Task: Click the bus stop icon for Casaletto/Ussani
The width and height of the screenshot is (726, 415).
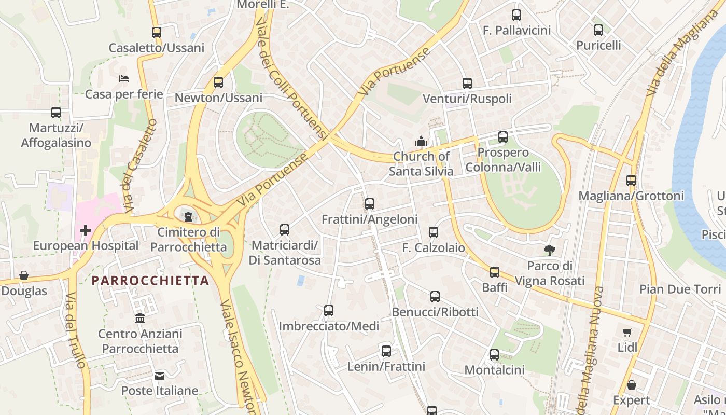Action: [156, 33]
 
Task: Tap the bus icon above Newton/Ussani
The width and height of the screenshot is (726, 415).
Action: [218, 82]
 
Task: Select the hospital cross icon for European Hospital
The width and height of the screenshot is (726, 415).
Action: [86, 230]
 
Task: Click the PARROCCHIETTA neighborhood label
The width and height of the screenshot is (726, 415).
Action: [150, 281]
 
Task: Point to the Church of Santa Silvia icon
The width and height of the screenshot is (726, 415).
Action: [421, 141]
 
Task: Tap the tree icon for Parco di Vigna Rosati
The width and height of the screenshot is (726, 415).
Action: [550, 251]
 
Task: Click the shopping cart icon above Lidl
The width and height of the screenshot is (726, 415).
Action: [627, 332]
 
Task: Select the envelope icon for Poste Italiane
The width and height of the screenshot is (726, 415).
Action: [160, 376]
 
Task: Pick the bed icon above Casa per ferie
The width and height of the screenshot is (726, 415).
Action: [124, 79]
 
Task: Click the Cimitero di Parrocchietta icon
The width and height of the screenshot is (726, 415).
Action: [188, 216]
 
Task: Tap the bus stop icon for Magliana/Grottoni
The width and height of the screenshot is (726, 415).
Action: [631, 181]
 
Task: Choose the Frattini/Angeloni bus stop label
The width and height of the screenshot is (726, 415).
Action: [369, 219]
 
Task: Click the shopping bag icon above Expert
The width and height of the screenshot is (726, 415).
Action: [631, 385]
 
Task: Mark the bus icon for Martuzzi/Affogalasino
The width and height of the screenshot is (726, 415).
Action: [55, 113]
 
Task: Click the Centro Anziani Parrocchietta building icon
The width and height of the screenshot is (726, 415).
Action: [140, 318]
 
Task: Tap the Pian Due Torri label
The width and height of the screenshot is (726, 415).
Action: [680, 289]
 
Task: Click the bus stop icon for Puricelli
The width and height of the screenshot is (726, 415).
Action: [598, 30]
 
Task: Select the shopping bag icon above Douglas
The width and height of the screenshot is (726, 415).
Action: [24, 275]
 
